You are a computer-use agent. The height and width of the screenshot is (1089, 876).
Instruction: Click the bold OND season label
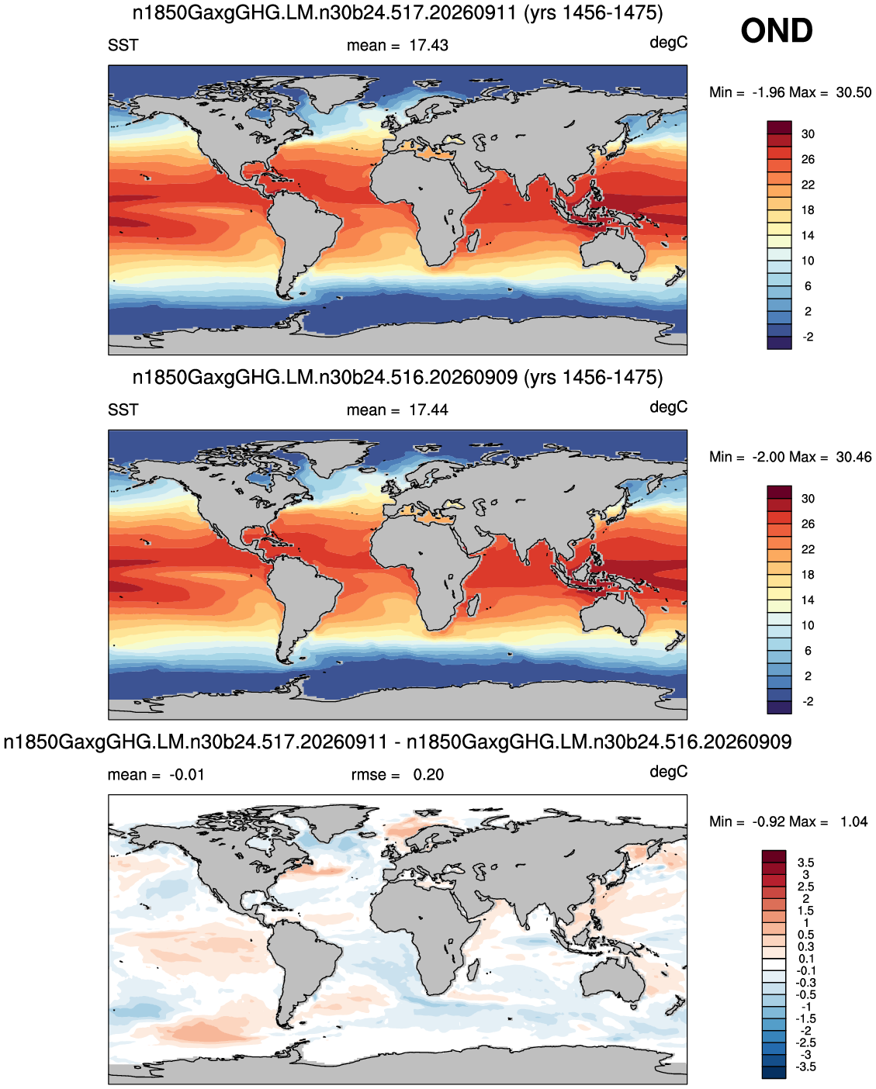776,30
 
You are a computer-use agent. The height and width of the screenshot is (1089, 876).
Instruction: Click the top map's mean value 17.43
428,46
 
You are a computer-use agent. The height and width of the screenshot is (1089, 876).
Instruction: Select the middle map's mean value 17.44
428,410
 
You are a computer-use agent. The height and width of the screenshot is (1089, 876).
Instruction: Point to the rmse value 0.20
428,774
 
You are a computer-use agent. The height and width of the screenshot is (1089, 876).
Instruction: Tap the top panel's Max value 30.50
853,92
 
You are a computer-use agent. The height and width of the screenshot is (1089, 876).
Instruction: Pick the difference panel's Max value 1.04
853,821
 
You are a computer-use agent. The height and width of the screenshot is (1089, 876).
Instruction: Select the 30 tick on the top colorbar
808,134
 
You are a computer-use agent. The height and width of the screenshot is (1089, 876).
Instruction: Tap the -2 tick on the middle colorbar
808,701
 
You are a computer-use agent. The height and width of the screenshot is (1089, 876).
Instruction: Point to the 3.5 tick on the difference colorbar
805,863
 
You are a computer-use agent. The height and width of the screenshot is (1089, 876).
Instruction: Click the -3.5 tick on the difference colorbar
805,1067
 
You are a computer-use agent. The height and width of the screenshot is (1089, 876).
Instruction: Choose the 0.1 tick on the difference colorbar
805,959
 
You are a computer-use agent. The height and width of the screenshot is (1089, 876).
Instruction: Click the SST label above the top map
123,46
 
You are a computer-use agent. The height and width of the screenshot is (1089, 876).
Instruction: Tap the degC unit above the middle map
668,407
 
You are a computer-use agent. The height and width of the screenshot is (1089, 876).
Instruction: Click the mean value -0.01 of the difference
187,774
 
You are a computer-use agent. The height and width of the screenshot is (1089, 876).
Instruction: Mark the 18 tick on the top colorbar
808,210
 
